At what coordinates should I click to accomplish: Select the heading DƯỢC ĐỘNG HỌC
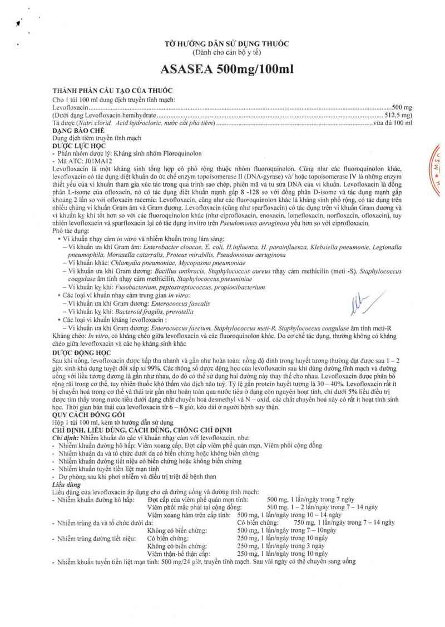(81, 352)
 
